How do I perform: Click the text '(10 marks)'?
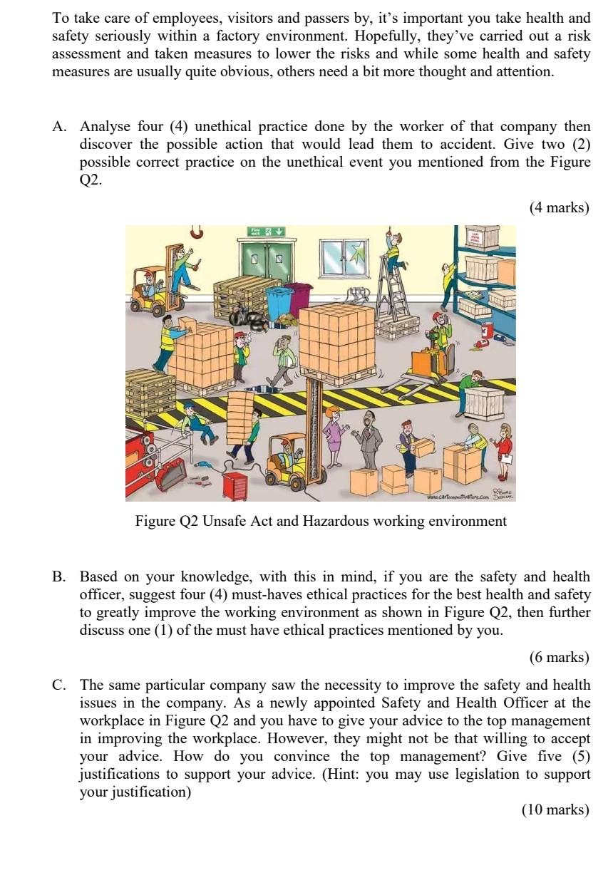(555, 809)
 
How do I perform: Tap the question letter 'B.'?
(60, 576)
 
